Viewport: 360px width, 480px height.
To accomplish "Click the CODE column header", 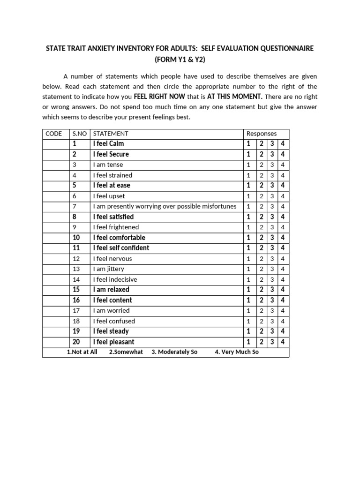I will click(x=53, y=134).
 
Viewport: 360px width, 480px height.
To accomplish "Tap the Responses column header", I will click(x=262, y=134).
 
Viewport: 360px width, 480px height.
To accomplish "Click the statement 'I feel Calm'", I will click(x=108, y=144).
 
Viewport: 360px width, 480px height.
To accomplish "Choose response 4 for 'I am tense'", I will click(x=283, y=165).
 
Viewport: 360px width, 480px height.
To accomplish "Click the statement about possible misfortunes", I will click(x=165, y=207).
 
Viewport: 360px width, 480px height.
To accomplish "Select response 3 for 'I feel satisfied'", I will click(x=272, y=217).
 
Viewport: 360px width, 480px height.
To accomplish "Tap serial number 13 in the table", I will click(x=76, y=269).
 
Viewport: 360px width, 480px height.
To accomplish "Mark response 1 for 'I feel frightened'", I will click(x=248, y=227).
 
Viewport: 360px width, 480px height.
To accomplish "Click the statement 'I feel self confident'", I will click(x=121, y=248).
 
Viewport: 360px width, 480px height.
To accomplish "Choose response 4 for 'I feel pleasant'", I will click(x=283, y=342).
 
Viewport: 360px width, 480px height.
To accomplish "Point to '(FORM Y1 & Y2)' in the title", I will click(x=180, y=60).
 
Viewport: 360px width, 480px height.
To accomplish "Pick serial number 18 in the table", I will click(x=76, y=321).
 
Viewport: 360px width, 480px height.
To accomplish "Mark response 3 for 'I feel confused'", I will click(x=272, y=321).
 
